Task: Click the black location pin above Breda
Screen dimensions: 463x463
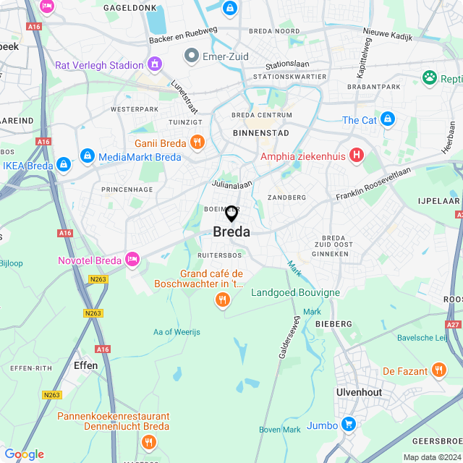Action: pos(231,214)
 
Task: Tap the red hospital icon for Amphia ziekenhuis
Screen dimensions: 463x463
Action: pos(356,155)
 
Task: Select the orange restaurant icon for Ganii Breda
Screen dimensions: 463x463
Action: pos(196,142)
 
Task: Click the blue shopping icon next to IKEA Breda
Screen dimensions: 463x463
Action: pos(64,165)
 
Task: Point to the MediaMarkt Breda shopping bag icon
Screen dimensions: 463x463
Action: pos(88,156)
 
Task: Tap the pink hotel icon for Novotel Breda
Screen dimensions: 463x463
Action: pos(132,259)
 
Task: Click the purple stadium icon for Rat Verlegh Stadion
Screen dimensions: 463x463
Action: pos(154,65)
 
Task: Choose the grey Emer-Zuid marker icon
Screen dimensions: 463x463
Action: pos(192,54)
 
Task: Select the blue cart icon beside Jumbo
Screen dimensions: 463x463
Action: pos(349,425)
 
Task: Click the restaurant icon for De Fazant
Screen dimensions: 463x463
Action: pos(438,371)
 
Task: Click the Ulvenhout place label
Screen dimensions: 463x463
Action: pos(359,391)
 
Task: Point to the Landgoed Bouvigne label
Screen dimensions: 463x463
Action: pos(295,292)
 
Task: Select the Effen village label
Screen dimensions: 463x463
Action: pos(85,365)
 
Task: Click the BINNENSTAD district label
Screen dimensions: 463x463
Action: pos(261,133)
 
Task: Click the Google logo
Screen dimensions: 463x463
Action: pos(24,454)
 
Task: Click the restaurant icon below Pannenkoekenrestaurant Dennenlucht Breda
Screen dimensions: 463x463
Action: pos(148,441)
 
